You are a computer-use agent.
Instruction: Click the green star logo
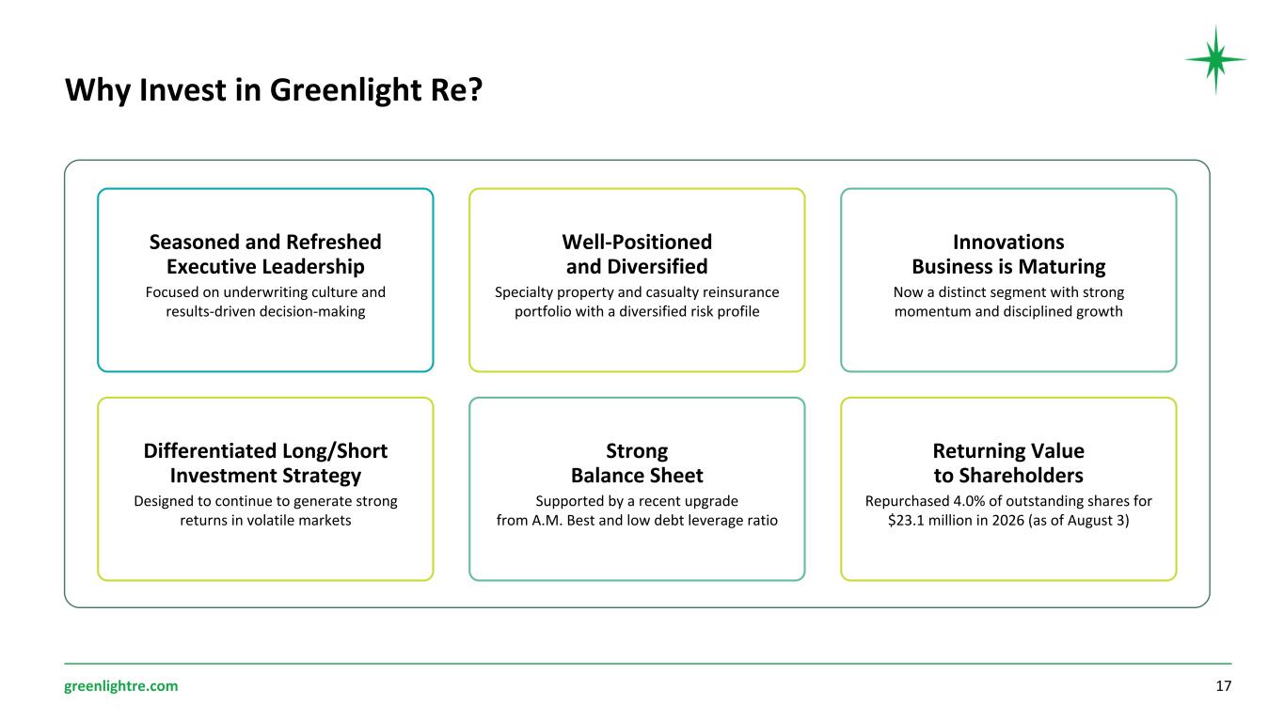tap(1215, 59)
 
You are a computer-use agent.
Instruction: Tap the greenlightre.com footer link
tap(121, 686)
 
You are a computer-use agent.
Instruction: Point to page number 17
tap(1223, 686)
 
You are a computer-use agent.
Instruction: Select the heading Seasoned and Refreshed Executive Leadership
tap(265, 254)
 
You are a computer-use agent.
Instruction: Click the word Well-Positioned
tap(637, 242)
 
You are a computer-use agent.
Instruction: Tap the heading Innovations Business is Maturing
tap(1008, 254)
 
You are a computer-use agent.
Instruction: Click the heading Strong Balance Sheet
tap(637, 463)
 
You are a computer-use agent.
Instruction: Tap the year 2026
tap(1007, 520)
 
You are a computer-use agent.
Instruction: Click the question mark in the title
tap(475, 90)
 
